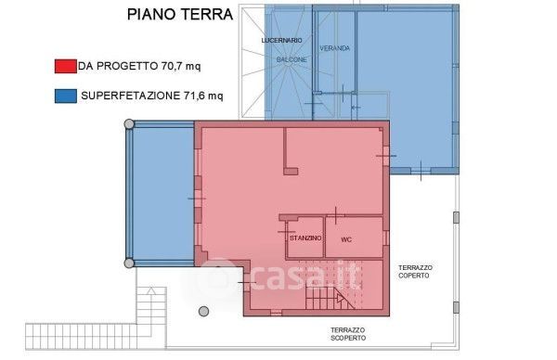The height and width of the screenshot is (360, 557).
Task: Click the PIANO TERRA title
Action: [x=180, y=15]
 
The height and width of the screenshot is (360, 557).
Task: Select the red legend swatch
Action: [x=65, y=67]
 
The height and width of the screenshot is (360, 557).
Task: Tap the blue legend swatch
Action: [x=65, y=96]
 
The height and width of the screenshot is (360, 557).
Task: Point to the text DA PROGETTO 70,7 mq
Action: [x=139, y=66]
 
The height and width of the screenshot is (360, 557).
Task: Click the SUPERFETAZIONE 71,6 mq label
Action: [x=152, y=96]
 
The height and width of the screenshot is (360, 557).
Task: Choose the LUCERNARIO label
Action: [x=281, y=41]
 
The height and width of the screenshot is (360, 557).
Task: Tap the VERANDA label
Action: [x=334, y=48]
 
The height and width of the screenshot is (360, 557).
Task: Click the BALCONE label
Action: [x=291, y=59]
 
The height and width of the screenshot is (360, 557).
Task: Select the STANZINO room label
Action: [x=305, y=238]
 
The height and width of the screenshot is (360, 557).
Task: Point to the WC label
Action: [x=346, y=239]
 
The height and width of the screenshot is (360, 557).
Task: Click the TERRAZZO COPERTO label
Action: [x=415, y=271]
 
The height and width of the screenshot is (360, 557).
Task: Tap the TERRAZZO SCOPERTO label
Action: [x=348, y=334]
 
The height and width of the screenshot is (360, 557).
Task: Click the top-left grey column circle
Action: [x=129, y=124]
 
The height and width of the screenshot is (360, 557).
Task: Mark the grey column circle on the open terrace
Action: [x=203, y=312]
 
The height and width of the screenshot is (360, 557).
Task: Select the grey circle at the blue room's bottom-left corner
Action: [x=129, y=264]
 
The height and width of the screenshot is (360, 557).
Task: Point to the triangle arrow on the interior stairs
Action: [x=340, y=298]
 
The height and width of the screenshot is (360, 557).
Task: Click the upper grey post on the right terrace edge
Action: [x=456, y=217]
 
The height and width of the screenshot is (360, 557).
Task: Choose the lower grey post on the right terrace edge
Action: [x=456, y=307]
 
